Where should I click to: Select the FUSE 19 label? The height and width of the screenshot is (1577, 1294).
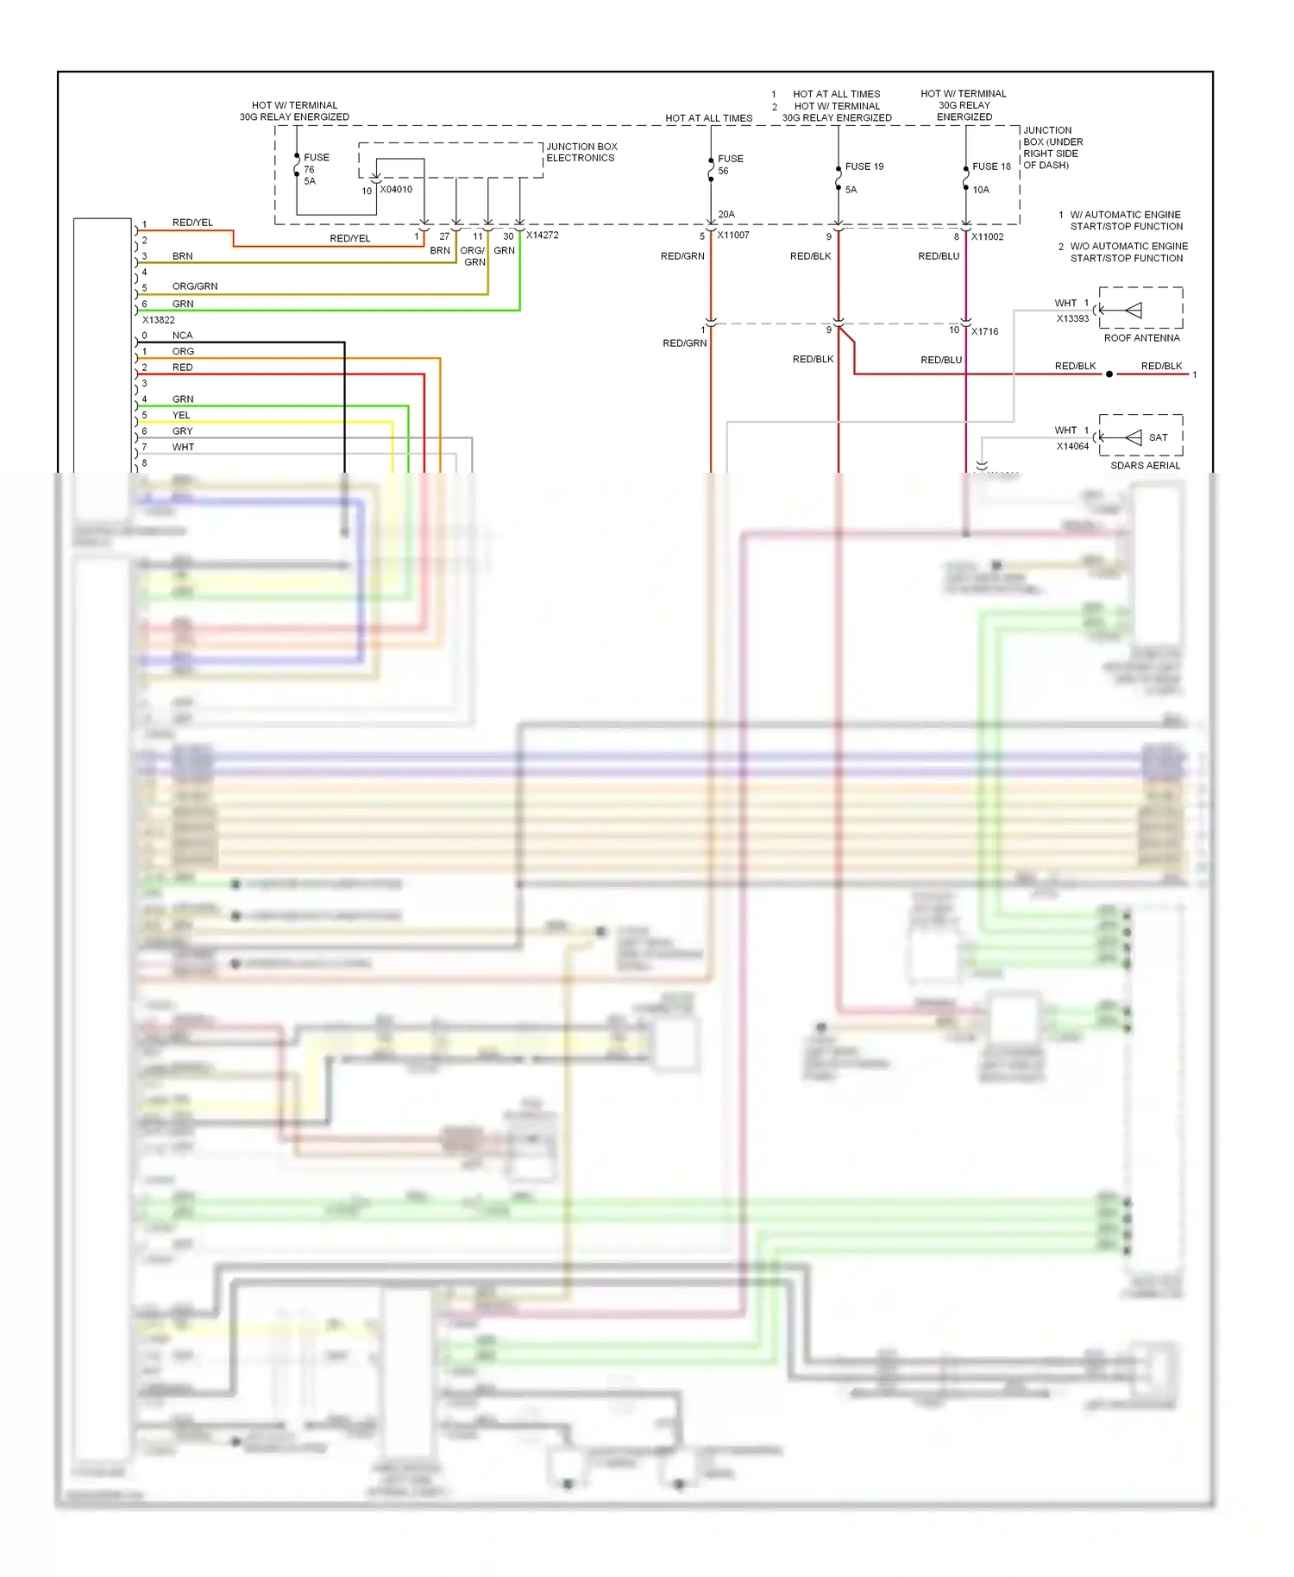point(864,166)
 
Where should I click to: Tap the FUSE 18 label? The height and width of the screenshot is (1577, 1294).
point(990,166)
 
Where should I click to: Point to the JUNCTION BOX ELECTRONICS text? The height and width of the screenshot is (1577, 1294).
point(581,152)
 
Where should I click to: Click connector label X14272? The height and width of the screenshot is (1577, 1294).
point(542,235)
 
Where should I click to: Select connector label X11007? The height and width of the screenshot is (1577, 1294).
point(732,235)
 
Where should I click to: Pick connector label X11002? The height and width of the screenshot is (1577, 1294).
point(987,236)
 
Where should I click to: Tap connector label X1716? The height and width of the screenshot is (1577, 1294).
point(984,331)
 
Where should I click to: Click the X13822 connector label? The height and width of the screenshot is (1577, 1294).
point(158,319)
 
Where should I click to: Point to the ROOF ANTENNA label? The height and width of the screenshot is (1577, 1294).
point(1141,338)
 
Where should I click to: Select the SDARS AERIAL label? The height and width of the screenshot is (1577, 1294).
point(1145,466)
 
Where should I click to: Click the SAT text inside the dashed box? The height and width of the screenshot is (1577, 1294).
point(1158,437)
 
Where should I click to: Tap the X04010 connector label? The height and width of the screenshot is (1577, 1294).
point(396,190)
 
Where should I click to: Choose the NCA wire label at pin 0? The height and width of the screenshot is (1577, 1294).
point(182,336)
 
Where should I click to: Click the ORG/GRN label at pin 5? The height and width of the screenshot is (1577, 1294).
point(194,286)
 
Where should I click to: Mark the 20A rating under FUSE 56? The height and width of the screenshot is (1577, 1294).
point(726,214)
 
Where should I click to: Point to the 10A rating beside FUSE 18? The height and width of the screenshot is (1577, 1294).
point(981,190)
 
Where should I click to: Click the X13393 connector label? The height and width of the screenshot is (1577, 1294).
point(1072,318)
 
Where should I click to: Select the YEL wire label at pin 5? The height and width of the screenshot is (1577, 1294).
point(180,415)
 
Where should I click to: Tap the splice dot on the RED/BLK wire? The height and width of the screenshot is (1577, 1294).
point(1109,374)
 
